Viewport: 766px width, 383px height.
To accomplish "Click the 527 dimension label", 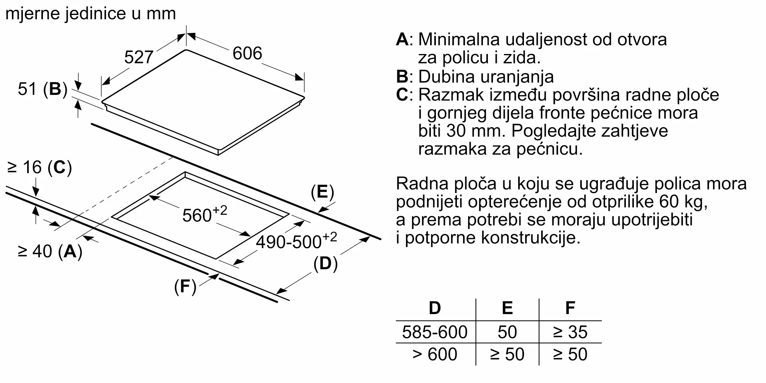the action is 139,57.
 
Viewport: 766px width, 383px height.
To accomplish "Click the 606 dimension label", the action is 247,53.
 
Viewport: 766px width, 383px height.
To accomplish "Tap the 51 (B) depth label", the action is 43,89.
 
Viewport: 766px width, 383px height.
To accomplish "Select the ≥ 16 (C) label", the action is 39,167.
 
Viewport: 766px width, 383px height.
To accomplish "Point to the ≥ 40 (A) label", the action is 50,252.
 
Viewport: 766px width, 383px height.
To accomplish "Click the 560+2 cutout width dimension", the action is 205,214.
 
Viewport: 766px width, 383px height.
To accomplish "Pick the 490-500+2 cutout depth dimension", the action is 296,241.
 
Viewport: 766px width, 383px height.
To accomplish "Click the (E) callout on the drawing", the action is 322,192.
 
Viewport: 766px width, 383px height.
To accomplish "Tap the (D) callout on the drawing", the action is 325,264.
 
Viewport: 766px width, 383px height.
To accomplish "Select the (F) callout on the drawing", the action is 185,286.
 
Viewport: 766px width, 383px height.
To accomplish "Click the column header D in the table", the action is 435,308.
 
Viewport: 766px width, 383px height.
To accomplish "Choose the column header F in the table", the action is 570,308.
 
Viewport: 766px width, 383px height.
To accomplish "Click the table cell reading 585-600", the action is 435,332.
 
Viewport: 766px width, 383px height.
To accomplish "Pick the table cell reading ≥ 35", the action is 570,332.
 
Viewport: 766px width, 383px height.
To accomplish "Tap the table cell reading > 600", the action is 435,354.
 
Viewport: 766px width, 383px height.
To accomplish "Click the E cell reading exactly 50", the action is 507,332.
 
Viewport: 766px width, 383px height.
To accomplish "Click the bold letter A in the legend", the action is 402,39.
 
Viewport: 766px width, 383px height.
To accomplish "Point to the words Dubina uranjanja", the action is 486,77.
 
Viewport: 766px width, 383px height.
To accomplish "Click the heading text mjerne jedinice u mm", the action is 91,14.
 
